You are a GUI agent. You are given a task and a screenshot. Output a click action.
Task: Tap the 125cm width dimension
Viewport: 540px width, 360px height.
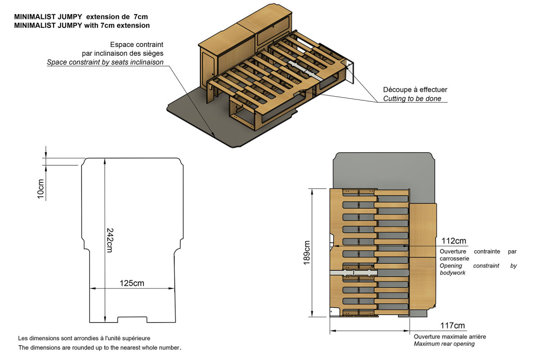point(132,283)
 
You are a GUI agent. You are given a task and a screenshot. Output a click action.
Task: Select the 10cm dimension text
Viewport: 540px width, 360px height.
point(41,189)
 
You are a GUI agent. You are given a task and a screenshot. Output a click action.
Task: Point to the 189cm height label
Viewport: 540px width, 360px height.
point(307,253)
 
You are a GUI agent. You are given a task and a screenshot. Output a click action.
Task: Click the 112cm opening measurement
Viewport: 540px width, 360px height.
point(454,241)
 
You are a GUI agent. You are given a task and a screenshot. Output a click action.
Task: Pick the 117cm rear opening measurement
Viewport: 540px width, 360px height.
point(453,326)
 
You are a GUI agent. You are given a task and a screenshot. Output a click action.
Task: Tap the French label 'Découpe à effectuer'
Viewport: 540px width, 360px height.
point(415,90)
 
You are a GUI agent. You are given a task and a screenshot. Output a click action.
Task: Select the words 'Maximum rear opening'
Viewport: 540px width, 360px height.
point(444,344)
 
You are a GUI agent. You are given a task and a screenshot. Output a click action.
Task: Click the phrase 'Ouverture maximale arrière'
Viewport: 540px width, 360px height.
point(450,337)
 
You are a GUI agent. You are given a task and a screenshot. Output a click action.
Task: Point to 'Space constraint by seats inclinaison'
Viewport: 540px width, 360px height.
point(105,62)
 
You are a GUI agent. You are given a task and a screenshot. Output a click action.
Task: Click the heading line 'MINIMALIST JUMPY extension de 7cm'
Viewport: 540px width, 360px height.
point(81,16)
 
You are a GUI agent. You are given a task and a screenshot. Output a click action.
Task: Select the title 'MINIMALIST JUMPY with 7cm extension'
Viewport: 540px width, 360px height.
point(82,25)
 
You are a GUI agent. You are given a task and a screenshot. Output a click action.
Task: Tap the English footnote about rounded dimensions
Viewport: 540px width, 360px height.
point(99,347)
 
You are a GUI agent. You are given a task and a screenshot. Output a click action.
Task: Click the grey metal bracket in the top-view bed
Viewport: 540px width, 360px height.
point(354,273)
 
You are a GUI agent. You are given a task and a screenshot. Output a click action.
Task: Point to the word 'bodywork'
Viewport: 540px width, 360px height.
point(452,273)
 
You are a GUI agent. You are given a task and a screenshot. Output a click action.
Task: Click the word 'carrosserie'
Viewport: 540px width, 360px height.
point(454,259)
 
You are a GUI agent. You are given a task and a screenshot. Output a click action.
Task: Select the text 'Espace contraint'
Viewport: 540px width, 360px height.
point(136,45)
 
